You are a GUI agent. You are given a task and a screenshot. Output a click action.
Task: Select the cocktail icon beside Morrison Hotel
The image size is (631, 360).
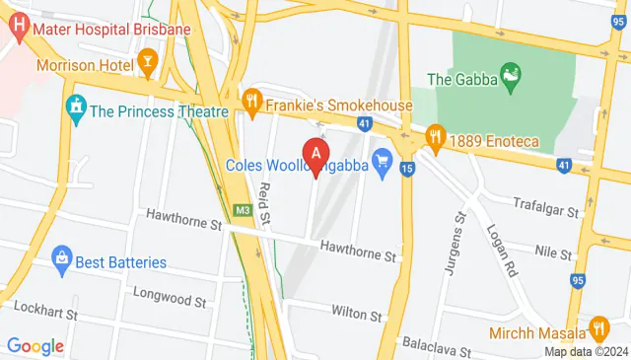click(147, 66)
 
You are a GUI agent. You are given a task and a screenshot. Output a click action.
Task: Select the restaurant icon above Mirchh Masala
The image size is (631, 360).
click(597, 327)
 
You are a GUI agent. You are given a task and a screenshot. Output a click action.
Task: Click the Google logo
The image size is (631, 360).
click(35, 346)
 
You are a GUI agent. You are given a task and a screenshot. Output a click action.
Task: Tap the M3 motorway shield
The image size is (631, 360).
click(244, 208)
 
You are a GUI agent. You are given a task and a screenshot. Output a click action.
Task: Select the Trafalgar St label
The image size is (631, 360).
click(548, 206)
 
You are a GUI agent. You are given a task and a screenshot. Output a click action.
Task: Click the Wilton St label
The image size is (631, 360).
click(356, 315)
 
